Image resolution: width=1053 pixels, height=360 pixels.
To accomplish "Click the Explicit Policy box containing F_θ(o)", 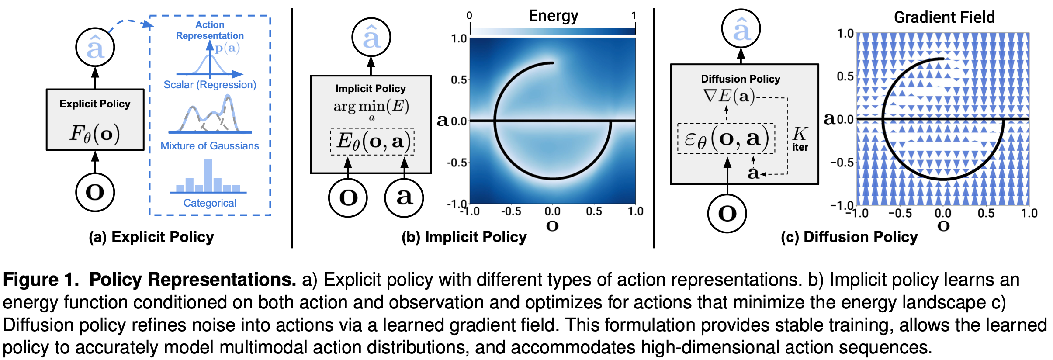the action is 95,120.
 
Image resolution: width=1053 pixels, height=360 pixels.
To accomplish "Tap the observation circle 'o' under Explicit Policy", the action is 95,192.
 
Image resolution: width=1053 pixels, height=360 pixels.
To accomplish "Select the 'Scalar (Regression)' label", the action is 210,85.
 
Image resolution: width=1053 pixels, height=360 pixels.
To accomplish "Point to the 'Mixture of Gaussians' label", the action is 210,146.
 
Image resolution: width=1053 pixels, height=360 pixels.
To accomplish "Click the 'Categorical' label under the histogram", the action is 210,203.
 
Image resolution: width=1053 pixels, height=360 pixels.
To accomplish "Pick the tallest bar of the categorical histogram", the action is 208,175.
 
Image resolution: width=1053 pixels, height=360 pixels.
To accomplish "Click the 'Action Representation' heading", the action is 210,30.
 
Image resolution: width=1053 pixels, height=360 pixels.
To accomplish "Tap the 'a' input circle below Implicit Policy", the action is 404,197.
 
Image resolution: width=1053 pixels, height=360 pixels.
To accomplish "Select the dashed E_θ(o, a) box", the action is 372,141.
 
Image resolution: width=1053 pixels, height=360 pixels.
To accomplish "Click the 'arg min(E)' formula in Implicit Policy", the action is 371,107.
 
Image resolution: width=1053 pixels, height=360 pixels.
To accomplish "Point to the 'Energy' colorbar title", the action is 553,16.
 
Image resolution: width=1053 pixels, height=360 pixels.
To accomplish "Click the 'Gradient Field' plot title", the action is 944,17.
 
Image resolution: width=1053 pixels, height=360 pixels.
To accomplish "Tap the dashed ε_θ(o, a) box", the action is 726,139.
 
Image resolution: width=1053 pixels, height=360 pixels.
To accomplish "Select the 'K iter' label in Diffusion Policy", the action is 800,139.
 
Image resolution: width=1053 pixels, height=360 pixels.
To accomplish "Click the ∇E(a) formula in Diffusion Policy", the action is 729,96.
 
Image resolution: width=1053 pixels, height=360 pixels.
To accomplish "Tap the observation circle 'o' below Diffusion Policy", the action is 727,213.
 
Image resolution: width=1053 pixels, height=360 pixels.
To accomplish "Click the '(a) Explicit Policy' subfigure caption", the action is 151,237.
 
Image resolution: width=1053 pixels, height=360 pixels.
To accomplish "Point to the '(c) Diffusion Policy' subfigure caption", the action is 849,237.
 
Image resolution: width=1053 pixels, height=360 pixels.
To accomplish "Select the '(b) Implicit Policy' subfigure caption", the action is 464,237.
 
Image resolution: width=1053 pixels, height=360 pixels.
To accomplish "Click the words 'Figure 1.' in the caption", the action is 41,280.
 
